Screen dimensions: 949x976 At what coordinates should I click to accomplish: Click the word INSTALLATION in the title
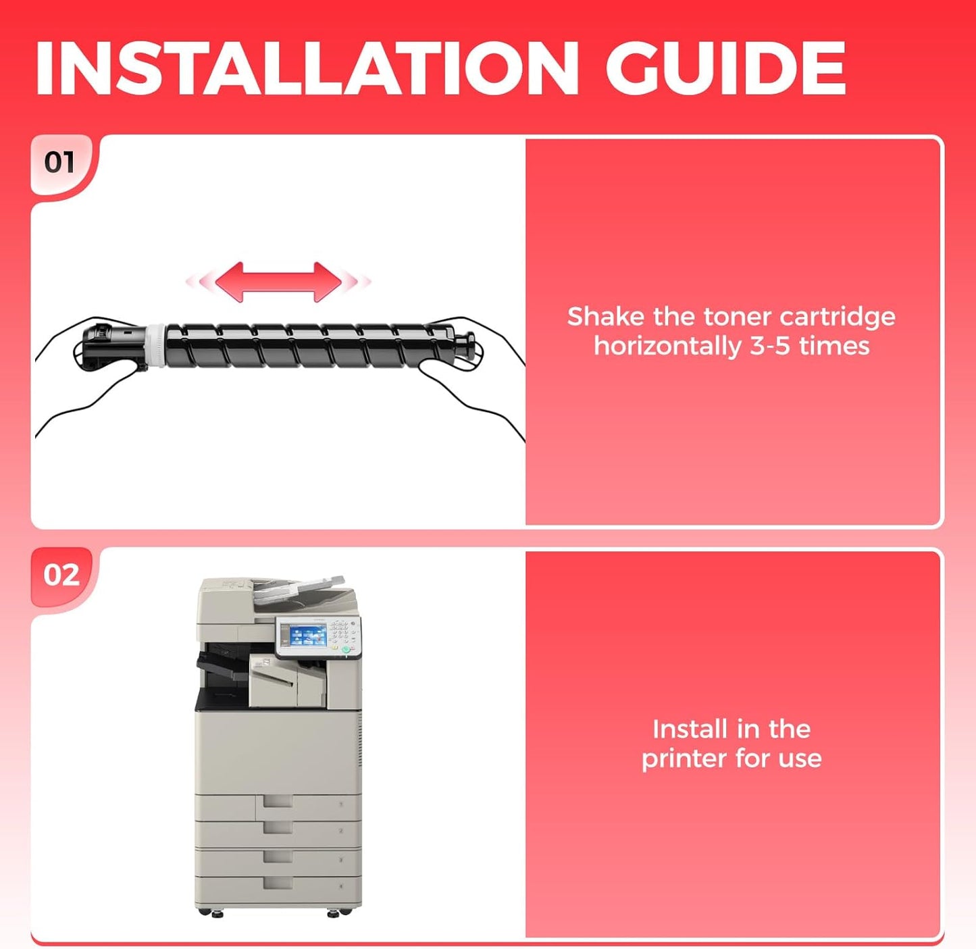(307, 69)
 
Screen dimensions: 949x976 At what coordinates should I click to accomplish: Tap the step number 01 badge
(59, 163)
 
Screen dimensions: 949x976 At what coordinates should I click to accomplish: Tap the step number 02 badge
(61, 575)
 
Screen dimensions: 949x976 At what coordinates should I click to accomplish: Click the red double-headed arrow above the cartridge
(278, 282)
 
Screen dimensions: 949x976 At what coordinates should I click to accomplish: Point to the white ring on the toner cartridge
(155, 345)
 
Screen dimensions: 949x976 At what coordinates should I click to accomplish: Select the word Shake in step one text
(605, 317)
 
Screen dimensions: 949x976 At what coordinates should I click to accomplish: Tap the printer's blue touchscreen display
(303, 636)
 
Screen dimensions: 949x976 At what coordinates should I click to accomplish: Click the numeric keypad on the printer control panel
(342, 632)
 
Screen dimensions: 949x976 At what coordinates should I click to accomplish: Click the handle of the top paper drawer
(278, 802)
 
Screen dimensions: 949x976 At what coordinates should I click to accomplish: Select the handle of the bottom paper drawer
(278, 883)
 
